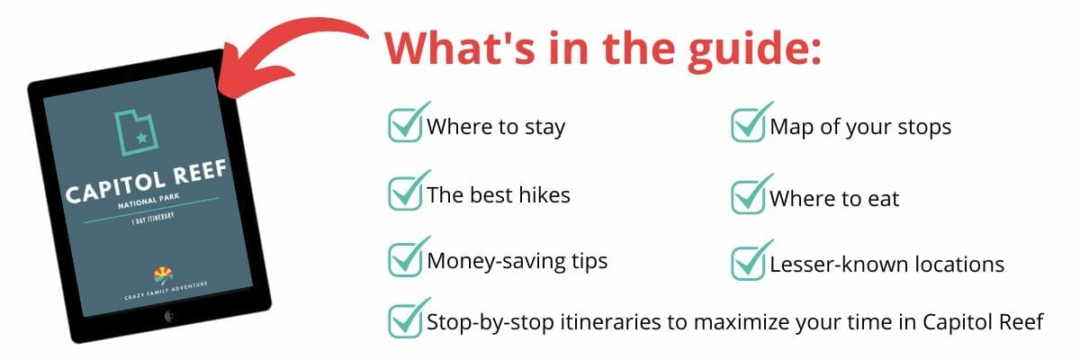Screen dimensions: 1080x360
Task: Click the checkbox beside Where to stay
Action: click(406, 125)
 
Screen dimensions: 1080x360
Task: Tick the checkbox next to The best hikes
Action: click(406, 193)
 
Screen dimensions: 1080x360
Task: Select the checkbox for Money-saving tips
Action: click(406, 259)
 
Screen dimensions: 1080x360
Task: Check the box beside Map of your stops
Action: click(748, 125)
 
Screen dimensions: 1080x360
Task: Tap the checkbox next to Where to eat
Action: click(748, 196)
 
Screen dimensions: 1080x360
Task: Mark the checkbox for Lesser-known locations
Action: click(748, 263)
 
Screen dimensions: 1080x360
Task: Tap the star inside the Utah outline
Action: click(141, 138)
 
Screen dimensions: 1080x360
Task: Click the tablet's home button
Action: click(169, 316)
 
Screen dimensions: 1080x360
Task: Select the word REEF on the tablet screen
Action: click(200, 172)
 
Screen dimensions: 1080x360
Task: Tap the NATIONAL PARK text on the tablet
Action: click(148, 201)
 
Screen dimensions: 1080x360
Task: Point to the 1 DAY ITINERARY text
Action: click(153, 219)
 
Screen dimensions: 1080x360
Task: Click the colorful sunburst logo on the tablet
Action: click(164, 275)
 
